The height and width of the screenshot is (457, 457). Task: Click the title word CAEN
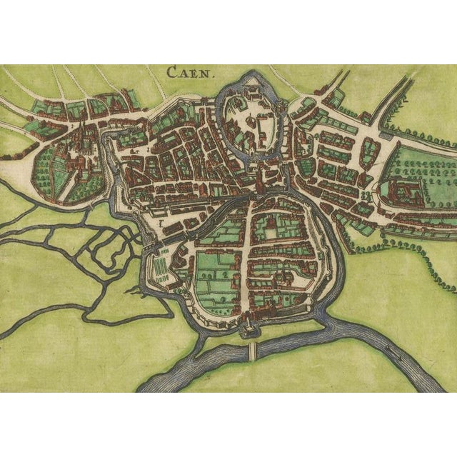point(185,71)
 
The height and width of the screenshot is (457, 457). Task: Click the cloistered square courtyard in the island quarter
point(274,231)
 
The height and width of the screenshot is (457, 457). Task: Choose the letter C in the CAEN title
point(171,71)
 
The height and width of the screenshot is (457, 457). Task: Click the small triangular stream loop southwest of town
point(107,246)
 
